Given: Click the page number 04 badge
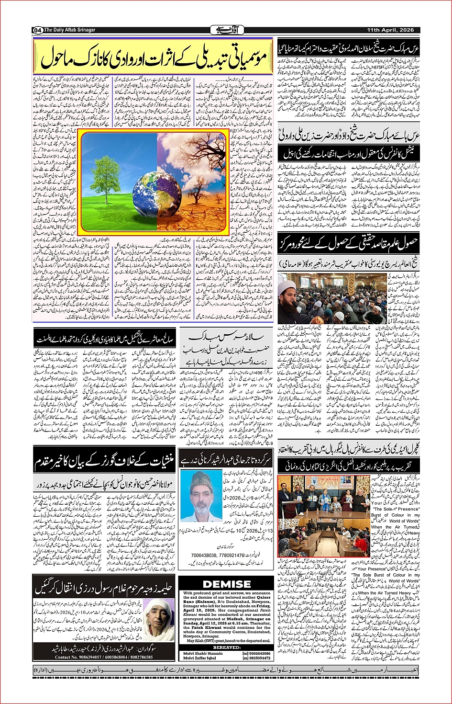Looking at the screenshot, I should pos(38,30).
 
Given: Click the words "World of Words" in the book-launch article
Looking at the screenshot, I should pos(404,521).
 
